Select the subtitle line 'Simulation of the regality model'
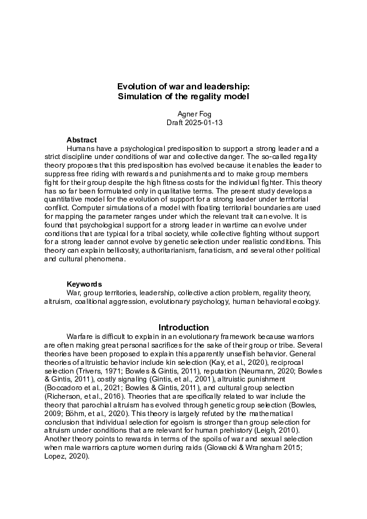[183, 97]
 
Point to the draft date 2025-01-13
[194, 123]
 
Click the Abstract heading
[81, 140]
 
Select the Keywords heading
[85, 284]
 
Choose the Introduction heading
[183, 327]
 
